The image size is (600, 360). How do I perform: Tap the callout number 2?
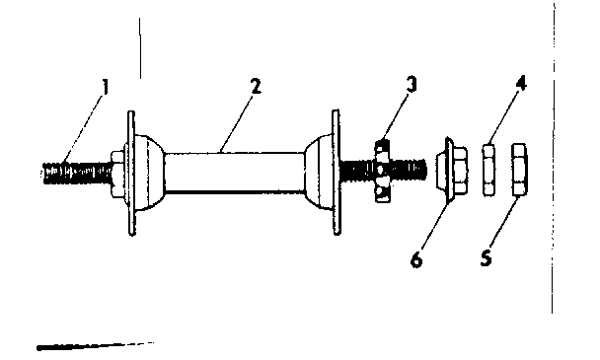256,86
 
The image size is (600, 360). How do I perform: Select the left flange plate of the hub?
131,173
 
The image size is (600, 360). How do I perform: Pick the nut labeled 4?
487,170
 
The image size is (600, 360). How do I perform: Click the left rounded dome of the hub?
150,173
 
